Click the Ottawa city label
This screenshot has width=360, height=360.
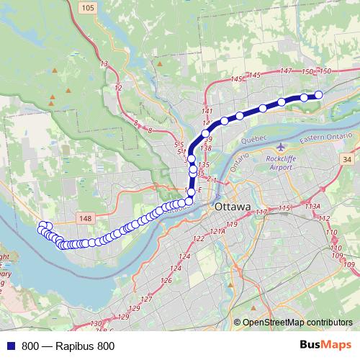[x=232, y=207]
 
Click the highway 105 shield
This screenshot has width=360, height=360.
[x=89, y=8]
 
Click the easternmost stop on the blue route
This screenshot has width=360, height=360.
[x=318, y=95]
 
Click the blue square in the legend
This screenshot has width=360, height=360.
[x=10, y=346]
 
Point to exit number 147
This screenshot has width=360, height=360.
[x=286, y=71]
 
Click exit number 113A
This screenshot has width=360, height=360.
[x=312, y=207]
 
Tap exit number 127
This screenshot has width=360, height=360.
[x=147, y=299]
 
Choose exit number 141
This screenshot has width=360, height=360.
[x=209, y=111]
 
